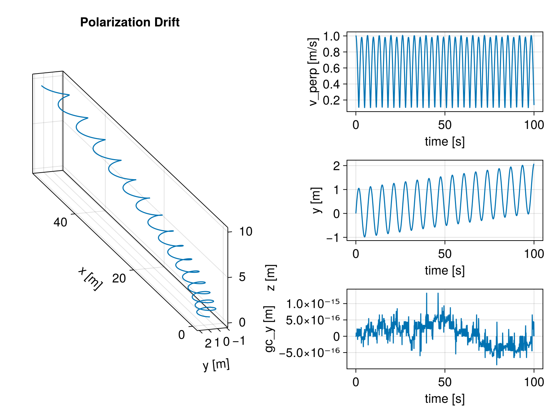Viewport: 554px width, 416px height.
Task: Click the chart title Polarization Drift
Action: (130, 23)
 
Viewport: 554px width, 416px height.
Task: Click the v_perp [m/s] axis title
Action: (313, 72)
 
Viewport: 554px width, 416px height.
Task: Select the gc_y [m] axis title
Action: (270, 329)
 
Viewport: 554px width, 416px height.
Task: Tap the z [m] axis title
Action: (270, 278)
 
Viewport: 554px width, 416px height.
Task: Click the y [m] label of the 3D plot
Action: (216, 365)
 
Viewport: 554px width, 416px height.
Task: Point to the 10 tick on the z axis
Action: (246, 232)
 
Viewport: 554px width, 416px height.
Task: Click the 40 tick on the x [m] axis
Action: (60, 222)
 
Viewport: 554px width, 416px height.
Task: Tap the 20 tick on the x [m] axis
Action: (119, 278)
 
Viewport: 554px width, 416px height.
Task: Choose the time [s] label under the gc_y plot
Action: (445, 399)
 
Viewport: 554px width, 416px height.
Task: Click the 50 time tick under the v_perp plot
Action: (445, 125)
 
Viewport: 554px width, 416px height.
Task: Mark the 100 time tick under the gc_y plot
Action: (534, 382)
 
